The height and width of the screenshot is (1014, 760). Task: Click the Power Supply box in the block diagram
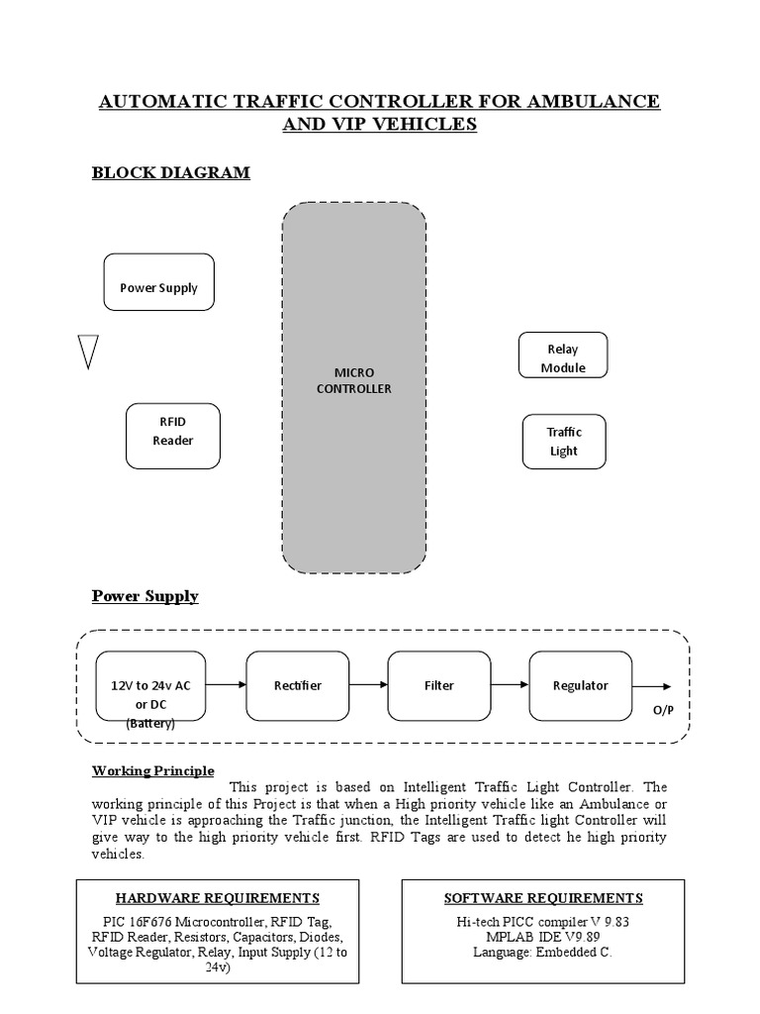point(158,282)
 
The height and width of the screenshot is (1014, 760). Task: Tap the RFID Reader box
point(173,436)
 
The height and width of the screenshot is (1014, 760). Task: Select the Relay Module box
point(563,355)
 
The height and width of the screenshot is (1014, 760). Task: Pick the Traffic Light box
point(564,441)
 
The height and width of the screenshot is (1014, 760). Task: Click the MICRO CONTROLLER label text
point(353,379)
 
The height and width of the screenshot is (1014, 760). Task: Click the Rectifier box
point(297,685)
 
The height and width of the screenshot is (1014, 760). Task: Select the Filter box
point(438,685)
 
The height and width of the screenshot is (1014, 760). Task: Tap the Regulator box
point(580,685)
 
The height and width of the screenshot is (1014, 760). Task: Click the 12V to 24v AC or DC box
point(150,685)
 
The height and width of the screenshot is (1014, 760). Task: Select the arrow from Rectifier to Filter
point(368,684)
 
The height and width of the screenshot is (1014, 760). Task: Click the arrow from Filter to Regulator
point(509,684)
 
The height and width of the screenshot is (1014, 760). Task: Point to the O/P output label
point(663,710)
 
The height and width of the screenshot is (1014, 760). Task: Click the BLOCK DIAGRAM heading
point(171,173)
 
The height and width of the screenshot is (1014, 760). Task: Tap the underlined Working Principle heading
point(152,770)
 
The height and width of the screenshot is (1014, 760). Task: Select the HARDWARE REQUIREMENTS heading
point(218,898)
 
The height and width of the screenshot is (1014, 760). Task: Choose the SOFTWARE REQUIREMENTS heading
point(543,898)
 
